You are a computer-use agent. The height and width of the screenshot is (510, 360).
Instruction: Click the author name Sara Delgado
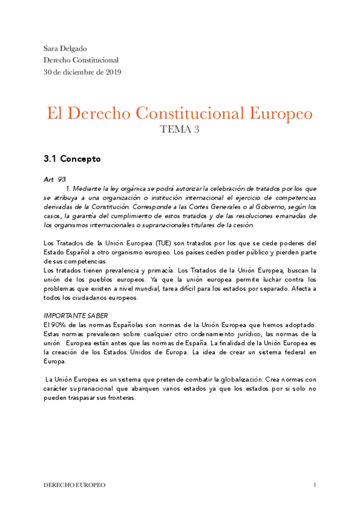(x=66, y=48)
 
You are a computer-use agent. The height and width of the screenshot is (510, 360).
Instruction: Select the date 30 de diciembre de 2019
(x=82, y=72)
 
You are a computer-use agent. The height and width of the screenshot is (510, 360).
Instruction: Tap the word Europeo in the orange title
(x=277, y=113)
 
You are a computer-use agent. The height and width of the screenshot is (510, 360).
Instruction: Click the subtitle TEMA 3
(x=179, y=130)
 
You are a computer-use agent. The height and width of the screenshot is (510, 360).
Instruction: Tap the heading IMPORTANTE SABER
(x=76, y=315)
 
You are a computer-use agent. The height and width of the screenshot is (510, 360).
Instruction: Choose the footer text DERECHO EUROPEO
(x=75, y=485)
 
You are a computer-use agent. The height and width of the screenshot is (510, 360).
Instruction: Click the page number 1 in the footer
(x=314, y=485)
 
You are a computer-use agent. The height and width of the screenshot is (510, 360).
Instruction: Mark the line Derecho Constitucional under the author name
(x=81, y=60)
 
